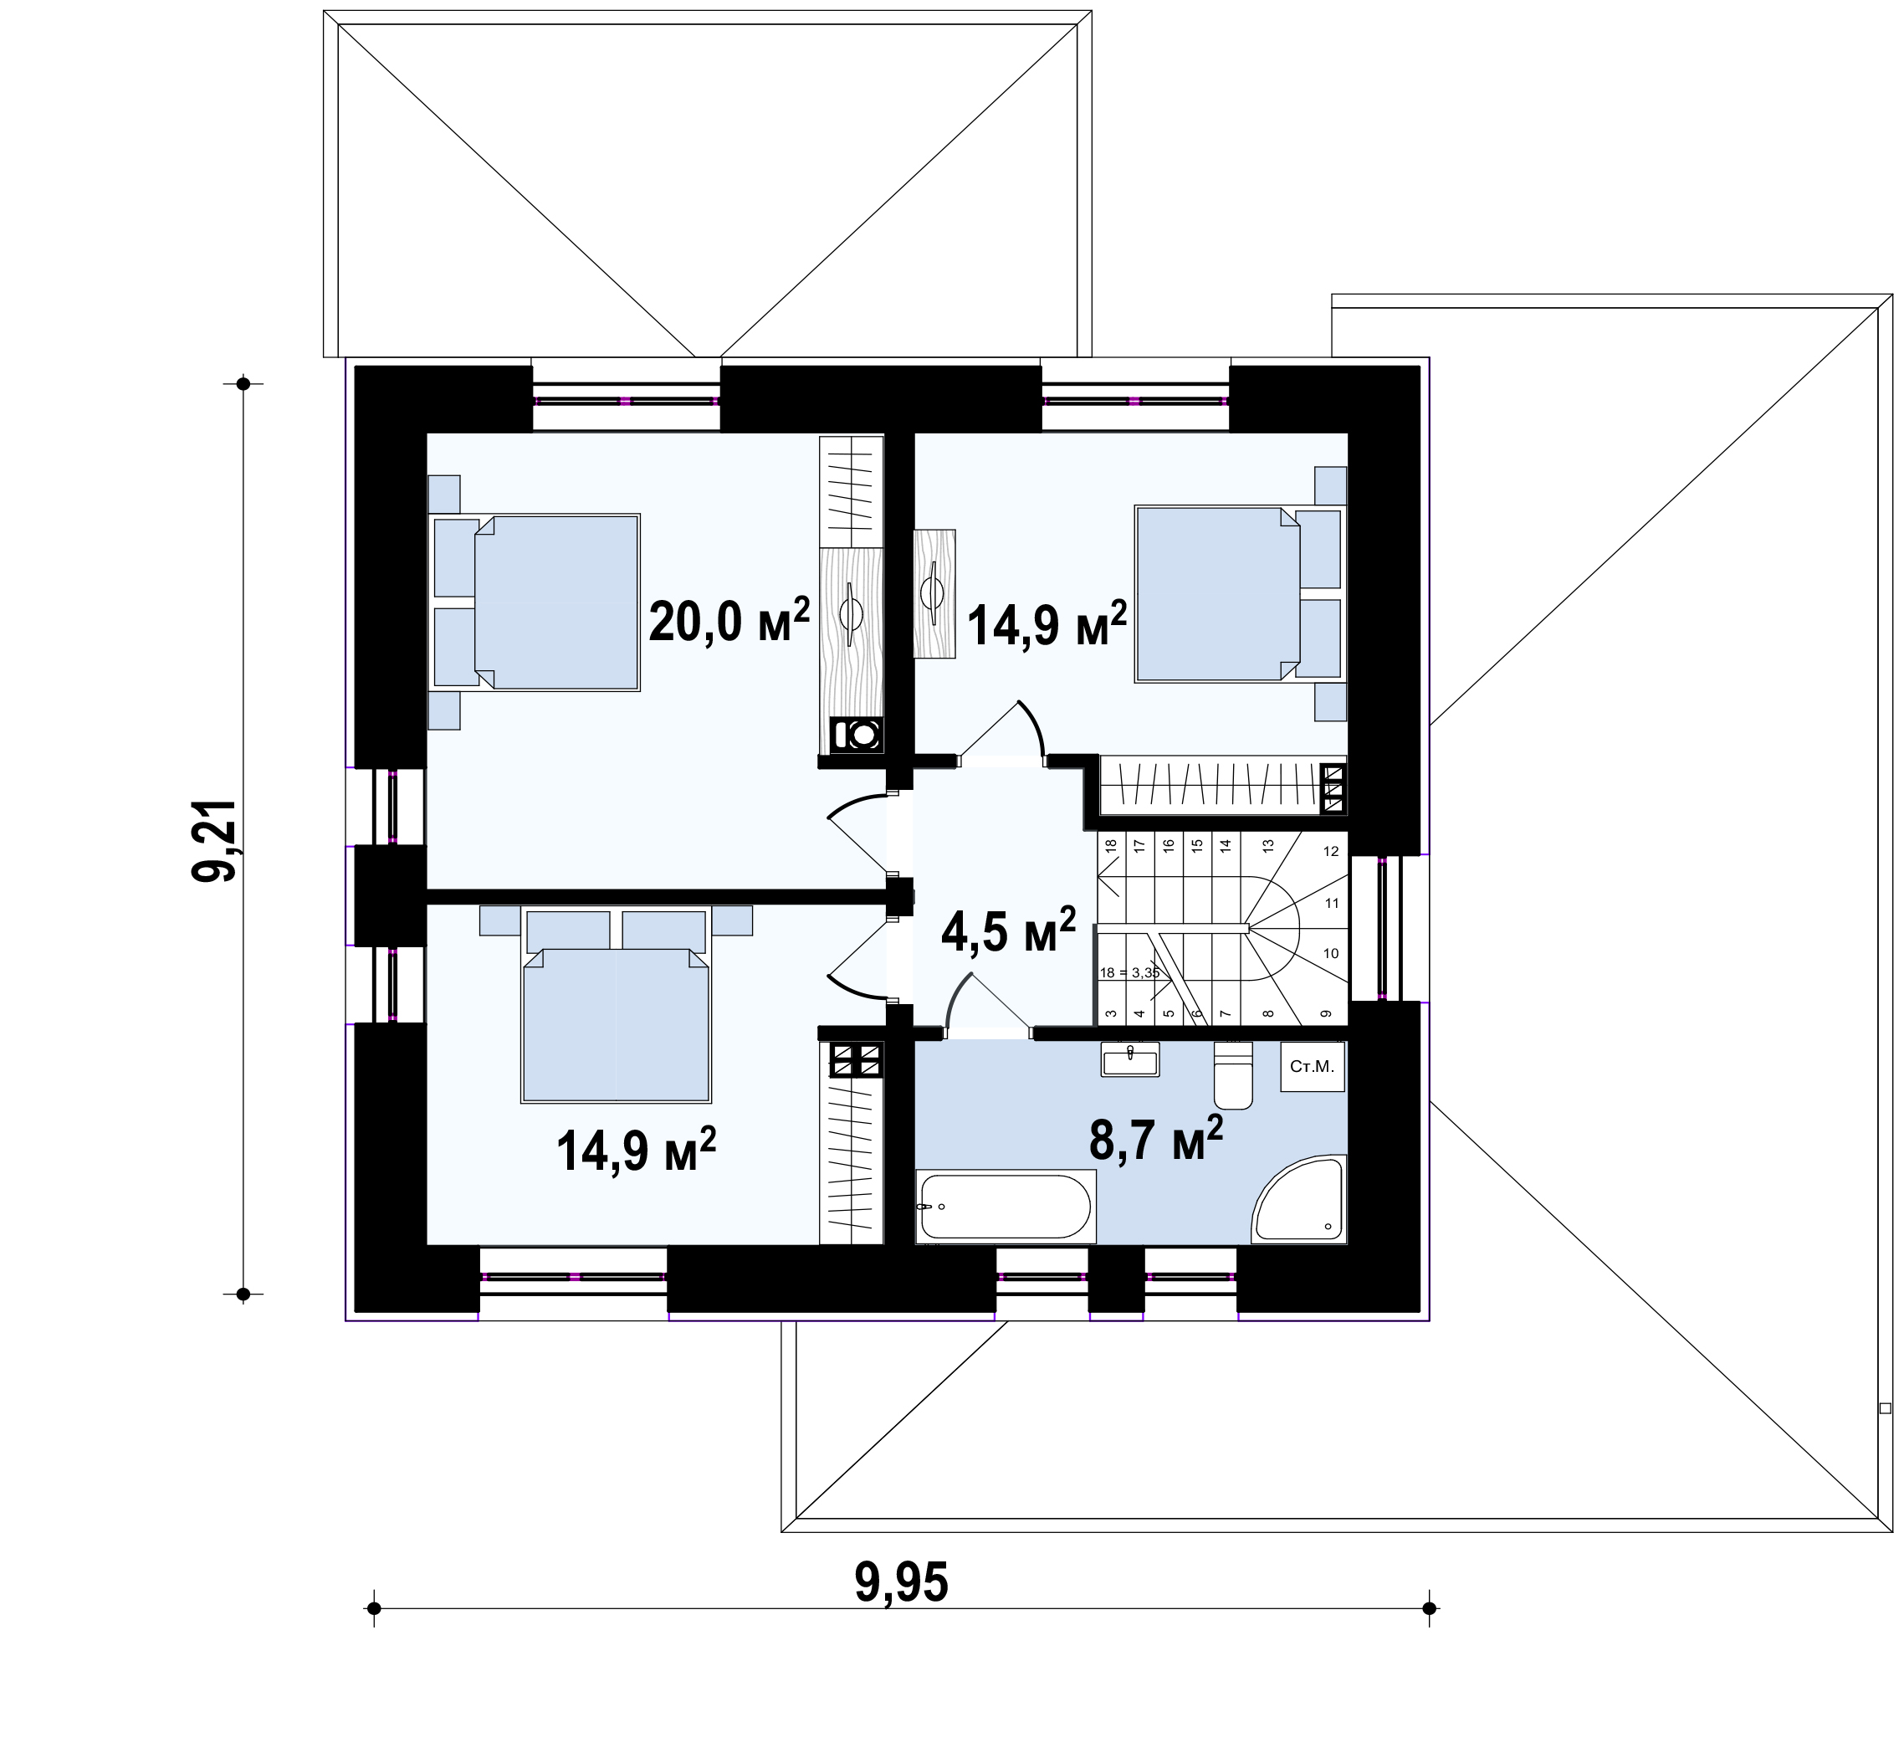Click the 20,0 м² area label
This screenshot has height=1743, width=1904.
729,621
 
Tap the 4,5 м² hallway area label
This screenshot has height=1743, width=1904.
1009,930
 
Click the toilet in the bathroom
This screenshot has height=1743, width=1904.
1232,1074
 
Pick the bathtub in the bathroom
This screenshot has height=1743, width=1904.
1006,1206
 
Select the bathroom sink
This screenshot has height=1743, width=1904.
1129,1059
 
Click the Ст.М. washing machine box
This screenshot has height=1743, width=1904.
1312,1067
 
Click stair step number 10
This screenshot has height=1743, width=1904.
1331,953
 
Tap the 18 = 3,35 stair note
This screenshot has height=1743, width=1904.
1129,972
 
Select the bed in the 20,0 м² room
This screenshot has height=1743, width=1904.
536,602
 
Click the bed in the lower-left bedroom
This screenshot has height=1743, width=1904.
616,1005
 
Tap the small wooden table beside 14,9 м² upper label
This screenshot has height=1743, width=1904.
934,593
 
